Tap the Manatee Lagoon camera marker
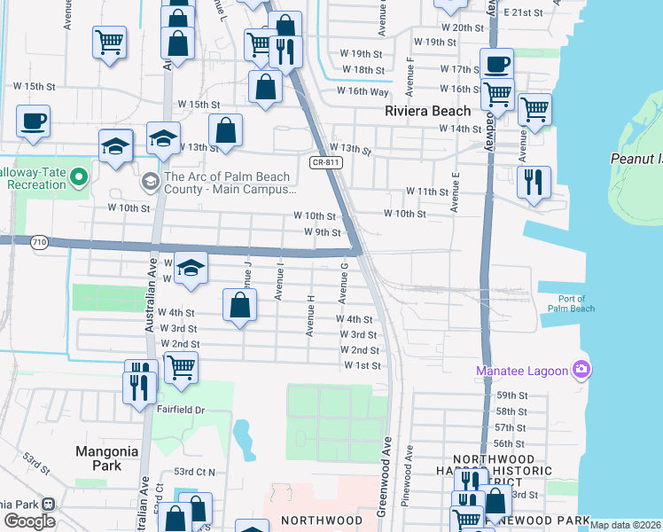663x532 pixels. click(581, 369)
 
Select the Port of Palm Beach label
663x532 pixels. click(565, 302)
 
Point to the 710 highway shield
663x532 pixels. click(38, 241)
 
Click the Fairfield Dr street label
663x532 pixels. click(182, 411)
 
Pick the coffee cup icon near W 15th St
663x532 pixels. click(34, 121)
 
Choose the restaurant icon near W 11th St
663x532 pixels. click(534, 182)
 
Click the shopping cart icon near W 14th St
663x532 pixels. click(534, 109)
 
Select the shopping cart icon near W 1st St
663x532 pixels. click(181, 365)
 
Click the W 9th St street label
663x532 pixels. click(323, 232)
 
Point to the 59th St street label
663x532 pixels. click(511, 395)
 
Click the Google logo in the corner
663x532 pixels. click(29, 521)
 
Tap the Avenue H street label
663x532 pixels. click(311, 317)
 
